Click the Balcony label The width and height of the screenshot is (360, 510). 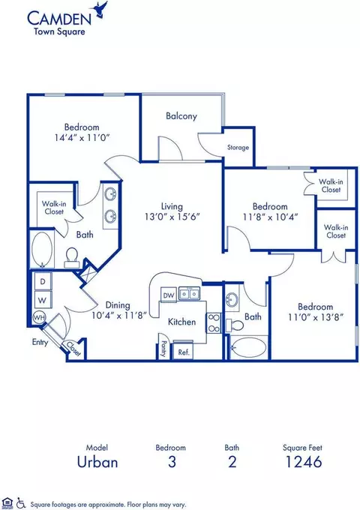point(181,116)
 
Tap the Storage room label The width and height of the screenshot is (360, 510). point(238,147)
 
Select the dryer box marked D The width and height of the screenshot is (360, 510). point(43,281)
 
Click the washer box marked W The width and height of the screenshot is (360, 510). point(43,300)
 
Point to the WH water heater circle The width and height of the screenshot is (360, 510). point(39,317)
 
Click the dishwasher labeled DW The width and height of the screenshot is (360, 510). point(169,295)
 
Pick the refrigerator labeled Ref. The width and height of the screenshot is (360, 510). point(184,351)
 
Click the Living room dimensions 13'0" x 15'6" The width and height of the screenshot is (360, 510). point(172,216)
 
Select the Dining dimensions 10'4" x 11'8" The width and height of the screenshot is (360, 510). point(119,316)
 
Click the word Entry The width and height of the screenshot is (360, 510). point(40,342)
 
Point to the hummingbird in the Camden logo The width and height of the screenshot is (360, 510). point(100,10)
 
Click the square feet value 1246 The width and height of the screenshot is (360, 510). point(304,462)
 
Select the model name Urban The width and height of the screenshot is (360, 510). point(97,462)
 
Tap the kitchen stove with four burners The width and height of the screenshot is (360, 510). point(214,322)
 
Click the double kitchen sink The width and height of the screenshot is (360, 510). point(189,294)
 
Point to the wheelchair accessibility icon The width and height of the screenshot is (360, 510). point(21,502)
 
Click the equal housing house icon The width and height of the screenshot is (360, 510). point(7,502)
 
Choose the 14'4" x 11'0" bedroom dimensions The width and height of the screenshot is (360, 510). point(82,138)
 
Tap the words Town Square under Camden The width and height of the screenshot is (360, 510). point(59,31)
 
